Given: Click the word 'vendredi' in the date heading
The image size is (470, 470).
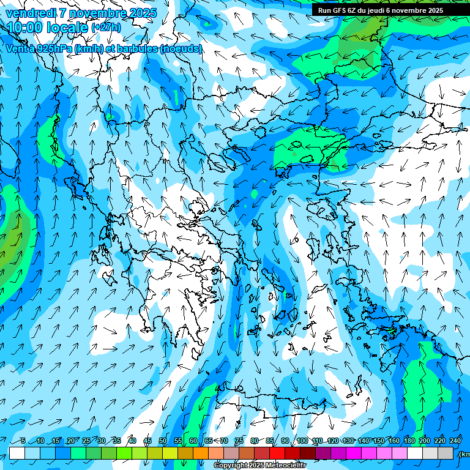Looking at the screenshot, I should (x=30, y=13).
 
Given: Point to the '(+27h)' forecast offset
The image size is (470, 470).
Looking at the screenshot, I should (x=106, y=28).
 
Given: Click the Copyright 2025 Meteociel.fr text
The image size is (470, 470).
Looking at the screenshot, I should (x=259, y=466).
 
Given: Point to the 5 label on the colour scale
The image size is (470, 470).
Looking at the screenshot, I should (x=23, y=441).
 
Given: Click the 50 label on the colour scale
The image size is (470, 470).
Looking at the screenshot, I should (x=163, y=441).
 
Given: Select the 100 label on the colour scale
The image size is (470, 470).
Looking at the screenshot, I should (x=302, y=441).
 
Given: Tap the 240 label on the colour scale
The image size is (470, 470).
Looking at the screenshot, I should (x=455, y=441).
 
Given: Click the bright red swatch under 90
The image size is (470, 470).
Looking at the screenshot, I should (x=277, y=453).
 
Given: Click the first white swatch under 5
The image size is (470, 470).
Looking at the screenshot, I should (x=17, y=453).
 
